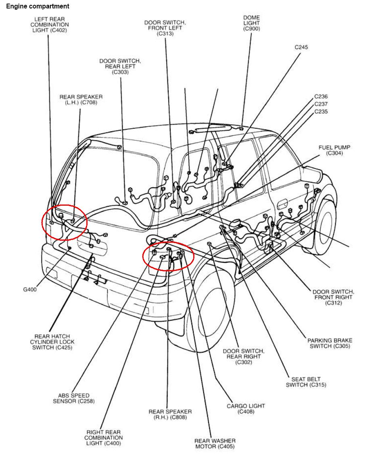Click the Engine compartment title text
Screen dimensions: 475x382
(38, 6)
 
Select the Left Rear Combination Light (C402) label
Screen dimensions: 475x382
(50, 25)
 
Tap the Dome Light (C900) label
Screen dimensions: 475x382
(251, 23)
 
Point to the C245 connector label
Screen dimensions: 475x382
(301, 47)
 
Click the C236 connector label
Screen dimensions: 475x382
(321, 97)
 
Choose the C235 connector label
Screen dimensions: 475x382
(321, 112)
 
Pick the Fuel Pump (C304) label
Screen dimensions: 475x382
(334, 150)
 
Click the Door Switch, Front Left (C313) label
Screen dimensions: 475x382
(165, 28)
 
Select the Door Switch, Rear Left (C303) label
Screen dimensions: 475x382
(120, 66)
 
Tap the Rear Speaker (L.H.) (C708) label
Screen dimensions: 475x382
(81, 99)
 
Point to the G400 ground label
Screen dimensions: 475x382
(30, 289)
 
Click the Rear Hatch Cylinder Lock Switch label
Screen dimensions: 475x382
(52, 342)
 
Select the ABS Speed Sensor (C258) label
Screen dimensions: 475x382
(74, 398)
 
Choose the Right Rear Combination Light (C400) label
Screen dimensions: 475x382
(103, 438)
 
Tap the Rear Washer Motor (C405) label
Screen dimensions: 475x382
(215, 444)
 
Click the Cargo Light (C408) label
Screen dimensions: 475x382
(246, 409)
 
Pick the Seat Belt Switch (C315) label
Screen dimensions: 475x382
(306, 382)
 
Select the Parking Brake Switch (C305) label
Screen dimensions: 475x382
(330, 343)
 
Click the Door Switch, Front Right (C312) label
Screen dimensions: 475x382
(333, 297)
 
